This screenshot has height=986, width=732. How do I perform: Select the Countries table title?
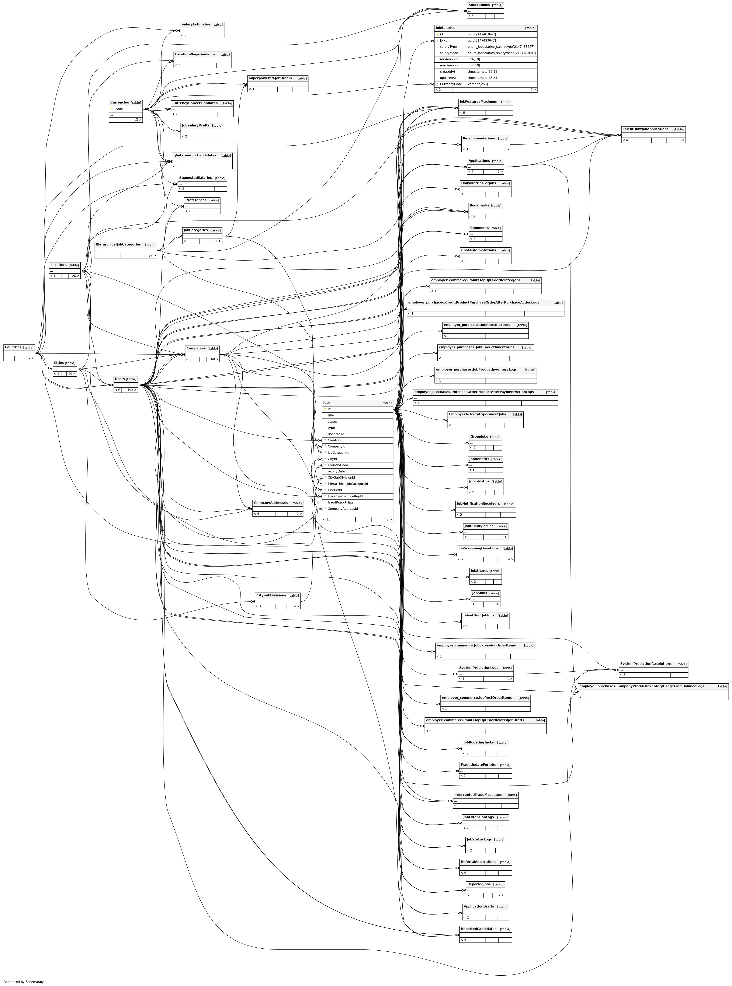tap(13, 347)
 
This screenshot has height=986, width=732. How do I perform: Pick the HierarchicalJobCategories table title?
tap(118, 244)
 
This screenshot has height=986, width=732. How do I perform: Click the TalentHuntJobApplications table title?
tap(645, 129)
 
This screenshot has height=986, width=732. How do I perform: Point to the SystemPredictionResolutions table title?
tap(646, 663)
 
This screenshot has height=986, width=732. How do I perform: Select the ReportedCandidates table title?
tap(479, 929)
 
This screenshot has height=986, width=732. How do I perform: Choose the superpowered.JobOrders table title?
tap(270, 78)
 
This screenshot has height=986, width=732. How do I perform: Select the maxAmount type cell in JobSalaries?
tap(474, 65)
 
